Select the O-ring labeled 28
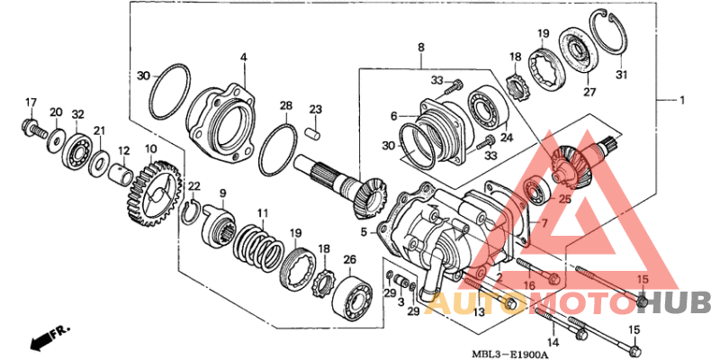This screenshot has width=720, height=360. (x=277, y=149)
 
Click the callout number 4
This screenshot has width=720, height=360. (x=243, y=58)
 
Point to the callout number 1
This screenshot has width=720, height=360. (x=681, y=99)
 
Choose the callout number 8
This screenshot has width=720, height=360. (x=420, y=47)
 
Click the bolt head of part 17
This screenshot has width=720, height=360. (x=29, y=123)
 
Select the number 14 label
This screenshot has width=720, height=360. (x=553, y=343)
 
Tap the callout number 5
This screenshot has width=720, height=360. (x=364, y=231)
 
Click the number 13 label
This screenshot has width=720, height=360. (x=479, y=310)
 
